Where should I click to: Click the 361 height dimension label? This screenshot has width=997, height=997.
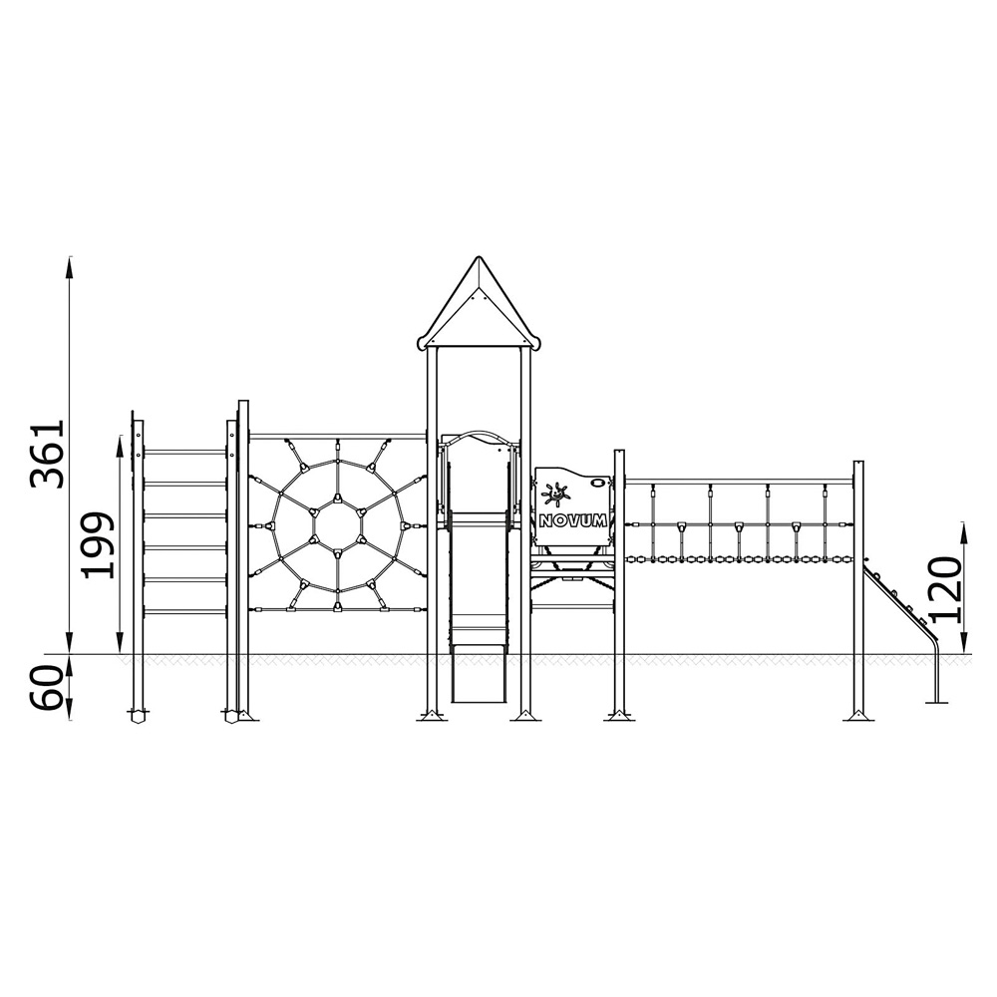click(48, 454)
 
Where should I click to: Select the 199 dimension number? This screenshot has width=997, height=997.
click(99, 545)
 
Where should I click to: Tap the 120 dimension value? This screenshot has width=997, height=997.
click(943, 589)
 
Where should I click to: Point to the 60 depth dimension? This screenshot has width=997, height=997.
click(48, 688)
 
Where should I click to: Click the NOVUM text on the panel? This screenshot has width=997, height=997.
click(573, 520)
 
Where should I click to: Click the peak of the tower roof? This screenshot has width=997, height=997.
click(479, 257)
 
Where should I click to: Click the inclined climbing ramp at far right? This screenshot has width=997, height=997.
click(898, 597)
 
